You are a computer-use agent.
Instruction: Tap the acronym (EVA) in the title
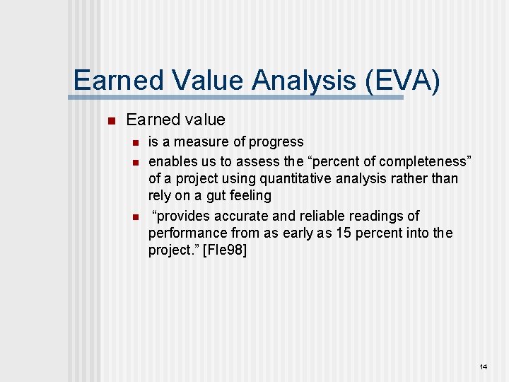(402, 80)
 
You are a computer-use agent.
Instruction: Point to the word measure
(210, 142)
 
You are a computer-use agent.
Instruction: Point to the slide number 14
(484, 366)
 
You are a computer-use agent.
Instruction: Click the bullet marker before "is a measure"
(132, 143)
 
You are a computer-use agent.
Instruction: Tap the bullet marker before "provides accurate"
(132, 216)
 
